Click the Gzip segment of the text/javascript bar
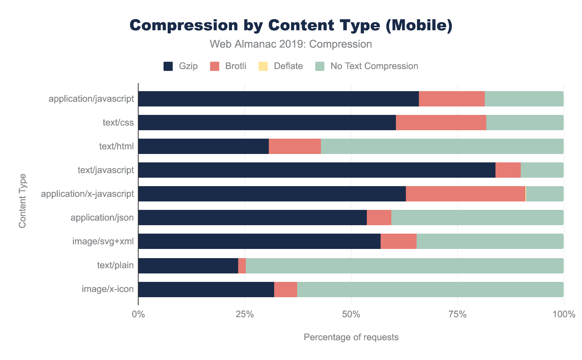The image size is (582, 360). click(x=317, y=170)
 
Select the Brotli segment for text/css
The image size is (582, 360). click(x=441, y=123)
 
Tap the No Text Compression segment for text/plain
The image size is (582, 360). click(x=404, y=266)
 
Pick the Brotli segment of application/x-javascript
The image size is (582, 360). click(x=465, y=194)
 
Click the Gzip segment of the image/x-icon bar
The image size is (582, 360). click(x=206, y=290)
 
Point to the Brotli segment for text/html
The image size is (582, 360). click(x=294, y=146)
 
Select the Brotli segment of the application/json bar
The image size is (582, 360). click(x=379, y=218)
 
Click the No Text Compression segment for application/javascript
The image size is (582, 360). click(x=524, y=99)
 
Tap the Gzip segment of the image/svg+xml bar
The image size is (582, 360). click(x=259, y=241)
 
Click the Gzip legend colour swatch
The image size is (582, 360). click(x=168, y=66)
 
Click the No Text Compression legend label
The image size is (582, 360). click(x=374, y=66)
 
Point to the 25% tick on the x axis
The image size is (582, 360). click(x=245, y=315)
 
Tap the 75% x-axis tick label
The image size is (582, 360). click(x=457, y=315)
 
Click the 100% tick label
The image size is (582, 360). click(x=564, y=315)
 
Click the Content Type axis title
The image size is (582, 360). click(x=23, y=201)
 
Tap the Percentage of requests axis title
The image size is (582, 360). click(x=351, y=337)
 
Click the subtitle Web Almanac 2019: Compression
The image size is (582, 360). click(x=291, y=44)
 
